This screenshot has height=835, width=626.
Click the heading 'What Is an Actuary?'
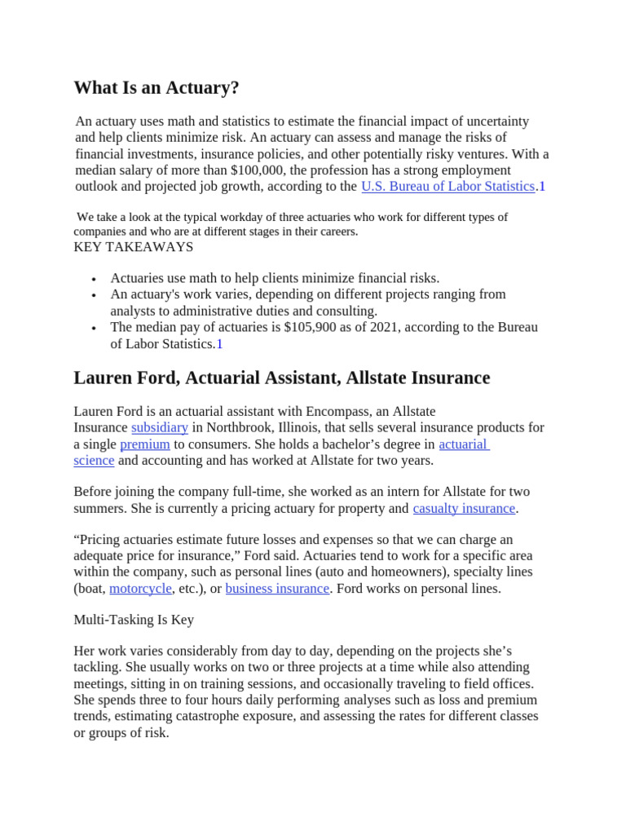156,87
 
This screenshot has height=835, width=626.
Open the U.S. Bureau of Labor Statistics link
447,186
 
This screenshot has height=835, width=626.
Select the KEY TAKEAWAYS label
134,246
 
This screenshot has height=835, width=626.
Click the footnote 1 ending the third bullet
219,344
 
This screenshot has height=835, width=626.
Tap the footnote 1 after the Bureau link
542,186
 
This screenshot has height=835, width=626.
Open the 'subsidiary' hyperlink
160,427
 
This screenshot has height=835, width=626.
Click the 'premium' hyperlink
145,444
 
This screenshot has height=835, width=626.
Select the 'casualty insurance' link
464,508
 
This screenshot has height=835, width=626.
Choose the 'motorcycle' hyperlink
140,588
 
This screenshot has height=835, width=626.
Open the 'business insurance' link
277,588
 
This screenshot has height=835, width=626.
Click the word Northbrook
245,427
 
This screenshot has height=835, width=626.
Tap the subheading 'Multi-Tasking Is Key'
134,619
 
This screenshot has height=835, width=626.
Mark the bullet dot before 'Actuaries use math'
96,279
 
